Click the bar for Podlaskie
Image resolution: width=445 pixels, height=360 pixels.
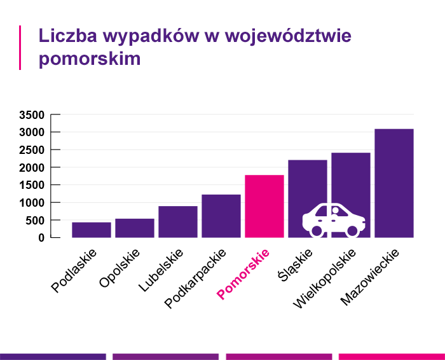92,230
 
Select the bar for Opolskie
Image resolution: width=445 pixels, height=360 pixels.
135,228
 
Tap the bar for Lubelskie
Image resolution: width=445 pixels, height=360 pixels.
178,221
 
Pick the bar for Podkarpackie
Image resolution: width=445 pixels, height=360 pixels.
221,216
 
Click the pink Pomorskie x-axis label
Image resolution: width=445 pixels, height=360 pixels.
244,273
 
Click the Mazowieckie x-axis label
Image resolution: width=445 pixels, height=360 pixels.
370,277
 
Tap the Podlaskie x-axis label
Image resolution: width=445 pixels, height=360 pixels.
74,270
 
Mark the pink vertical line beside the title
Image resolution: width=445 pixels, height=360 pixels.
20,48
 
